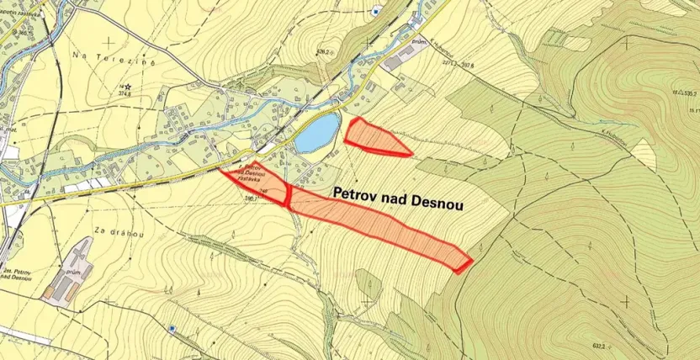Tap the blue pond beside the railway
(317, 133)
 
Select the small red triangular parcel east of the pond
(374, 137)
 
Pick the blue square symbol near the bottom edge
(172, 327)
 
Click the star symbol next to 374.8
(127, 87)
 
